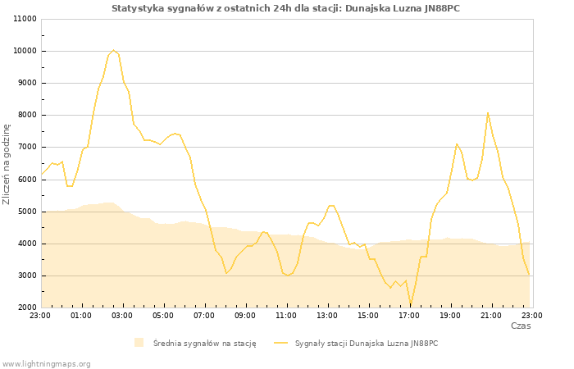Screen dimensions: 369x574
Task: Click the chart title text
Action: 285,8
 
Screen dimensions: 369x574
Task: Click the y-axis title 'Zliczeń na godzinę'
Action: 7,164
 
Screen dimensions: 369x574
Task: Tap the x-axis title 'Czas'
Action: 520,326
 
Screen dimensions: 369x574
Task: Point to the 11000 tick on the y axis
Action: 25,19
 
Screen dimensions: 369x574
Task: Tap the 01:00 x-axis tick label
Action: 81,315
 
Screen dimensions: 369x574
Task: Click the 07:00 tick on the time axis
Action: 204,315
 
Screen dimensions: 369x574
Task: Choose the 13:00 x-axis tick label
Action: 327,315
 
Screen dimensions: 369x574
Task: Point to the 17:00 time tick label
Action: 409,315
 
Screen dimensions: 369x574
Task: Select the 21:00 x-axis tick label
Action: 491,315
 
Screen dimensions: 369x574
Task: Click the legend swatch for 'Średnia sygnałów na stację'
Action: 139,343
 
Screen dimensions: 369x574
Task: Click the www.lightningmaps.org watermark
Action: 46,363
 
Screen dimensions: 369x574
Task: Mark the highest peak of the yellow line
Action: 113,50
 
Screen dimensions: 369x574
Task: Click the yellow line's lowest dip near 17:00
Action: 411,303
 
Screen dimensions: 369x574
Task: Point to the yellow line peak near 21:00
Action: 488,113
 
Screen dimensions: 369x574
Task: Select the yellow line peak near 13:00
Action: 330,205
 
